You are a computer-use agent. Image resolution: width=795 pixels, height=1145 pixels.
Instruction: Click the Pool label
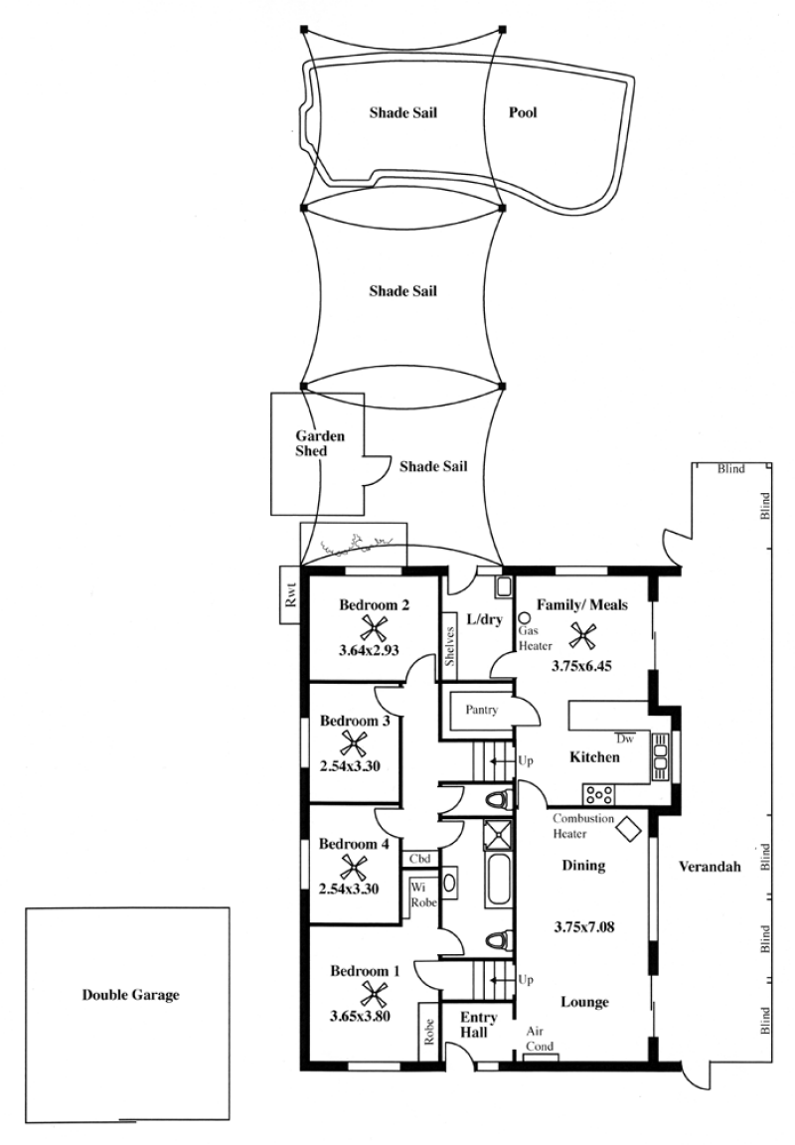point(523,112)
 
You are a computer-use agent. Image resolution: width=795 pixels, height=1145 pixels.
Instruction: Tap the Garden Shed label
point(320,443)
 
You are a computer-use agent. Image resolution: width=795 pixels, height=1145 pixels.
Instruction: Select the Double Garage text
point(130,995)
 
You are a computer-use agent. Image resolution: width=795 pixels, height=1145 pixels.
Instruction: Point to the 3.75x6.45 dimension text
point(581,665)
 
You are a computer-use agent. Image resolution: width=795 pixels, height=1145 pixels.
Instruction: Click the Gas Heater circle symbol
point(524,617)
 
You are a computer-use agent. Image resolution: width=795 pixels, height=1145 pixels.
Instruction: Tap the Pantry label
point(481,709)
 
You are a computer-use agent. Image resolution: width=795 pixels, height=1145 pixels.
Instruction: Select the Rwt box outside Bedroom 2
point(290,596)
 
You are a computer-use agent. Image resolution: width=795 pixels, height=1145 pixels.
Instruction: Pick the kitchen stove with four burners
point(598,794)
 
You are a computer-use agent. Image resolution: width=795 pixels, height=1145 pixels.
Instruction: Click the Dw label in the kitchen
point(625,738)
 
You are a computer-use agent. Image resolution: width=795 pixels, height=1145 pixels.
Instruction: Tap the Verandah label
point(710,867)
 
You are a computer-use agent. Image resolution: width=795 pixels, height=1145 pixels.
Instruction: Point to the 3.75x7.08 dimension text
point(584,927)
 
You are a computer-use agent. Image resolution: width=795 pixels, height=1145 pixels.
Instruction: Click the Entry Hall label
point(479,1025)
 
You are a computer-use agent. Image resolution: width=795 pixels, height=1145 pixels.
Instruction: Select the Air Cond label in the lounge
point(540,1039)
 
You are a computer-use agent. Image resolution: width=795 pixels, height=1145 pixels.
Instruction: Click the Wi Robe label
point(423,895)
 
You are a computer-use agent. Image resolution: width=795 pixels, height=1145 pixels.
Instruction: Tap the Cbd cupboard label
point(419,859)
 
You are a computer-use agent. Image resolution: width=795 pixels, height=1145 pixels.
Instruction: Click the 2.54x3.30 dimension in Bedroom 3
point(350,766)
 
